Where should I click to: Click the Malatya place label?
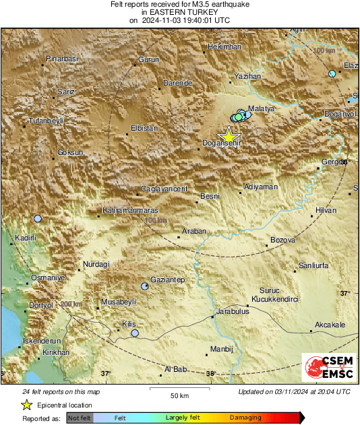(261, 108)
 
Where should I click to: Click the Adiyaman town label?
(261, 186)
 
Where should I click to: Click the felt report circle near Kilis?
(135, 333)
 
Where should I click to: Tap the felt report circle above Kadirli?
(38, 219)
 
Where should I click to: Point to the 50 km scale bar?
(178, 389)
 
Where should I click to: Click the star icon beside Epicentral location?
(26, 405)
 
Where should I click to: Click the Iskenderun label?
(42, 341)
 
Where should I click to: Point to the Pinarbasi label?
(62, 59)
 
